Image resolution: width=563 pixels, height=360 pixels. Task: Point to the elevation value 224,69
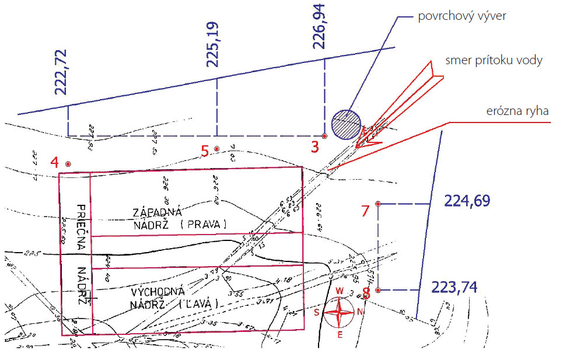[x=467, y=202]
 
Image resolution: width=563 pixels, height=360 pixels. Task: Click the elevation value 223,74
[x=454, y=288]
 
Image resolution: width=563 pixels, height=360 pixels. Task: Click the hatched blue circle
[x=346, y=124]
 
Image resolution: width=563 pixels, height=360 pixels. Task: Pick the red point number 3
[x=324, y=136]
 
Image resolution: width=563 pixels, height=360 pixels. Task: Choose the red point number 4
[x=68, y=165]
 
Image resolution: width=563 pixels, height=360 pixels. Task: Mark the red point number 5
[x=217, y=149]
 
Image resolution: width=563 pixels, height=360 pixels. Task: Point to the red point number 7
[x=378, y=204]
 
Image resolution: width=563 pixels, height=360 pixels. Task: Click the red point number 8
[x=378, y=290]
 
